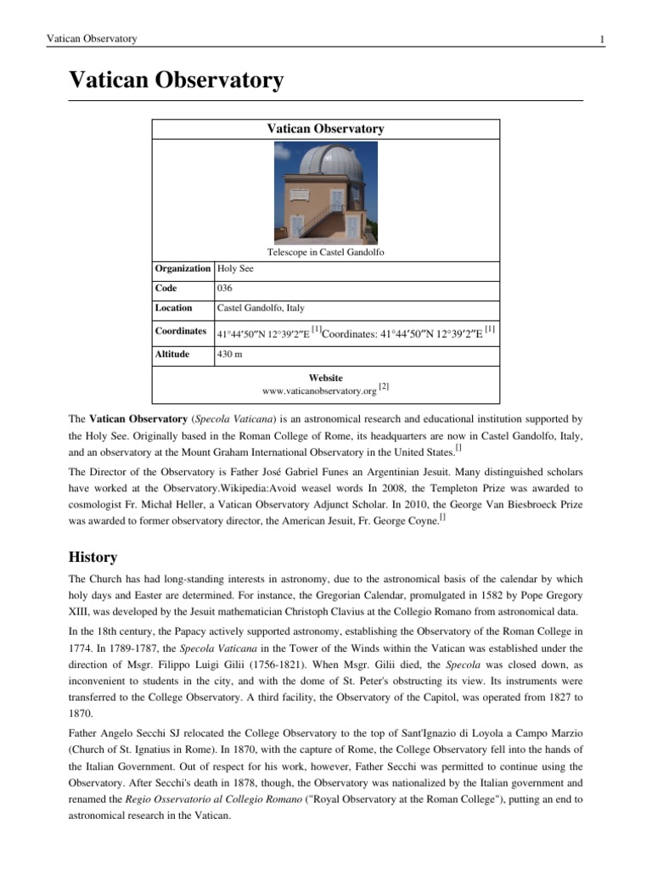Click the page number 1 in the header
(x=601, y=40)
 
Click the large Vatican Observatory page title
(x=176, y=81)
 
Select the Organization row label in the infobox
(x=183, y=268)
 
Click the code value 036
(x=225, y=289)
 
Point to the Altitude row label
(x=173, y=354)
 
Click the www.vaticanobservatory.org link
(x=319, y=391)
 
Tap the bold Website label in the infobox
(x=326, y=378)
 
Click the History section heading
(x=93, y=558)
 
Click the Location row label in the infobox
(x=173, y=308)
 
